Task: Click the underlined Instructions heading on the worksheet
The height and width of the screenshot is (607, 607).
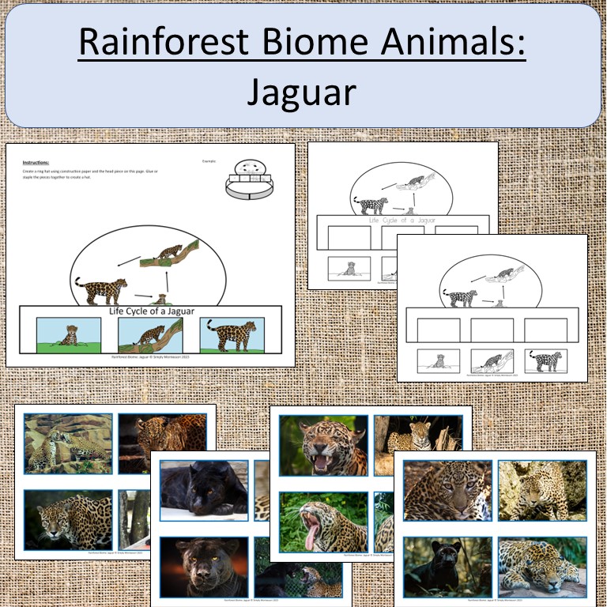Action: [x=36, y=161]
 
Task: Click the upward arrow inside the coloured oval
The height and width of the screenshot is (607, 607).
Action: [x=167, y=281]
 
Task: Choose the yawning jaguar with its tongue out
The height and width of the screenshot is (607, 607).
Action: [x=323, y=521]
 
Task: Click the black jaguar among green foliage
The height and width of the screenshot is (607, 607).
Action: [x=447, y=566]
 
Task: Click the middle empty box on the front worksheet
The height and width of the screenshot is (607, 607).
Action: [x=491, y=330]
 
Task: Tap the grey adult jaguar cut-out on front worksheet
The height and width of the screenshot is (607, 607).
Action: [x=545, y=362]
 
